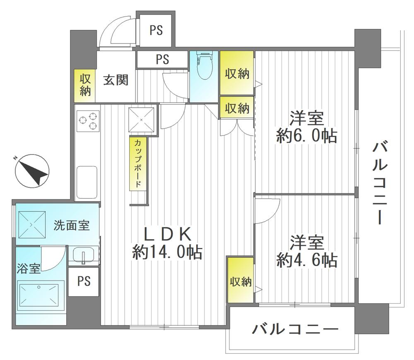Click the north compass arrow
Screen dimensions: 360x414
click(x=32, y=171)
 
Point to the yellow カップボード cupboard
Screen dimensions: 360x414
click(x=137, y=163)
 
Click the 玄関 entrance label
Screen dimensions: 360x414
click(x=116, y=79)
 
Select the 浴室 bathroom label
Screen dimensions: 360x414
click(x=29, y=269)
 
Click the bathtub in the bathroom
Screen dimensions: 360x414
click(x=41, y=294)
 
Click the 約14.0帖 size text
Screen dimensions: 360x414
click(x=167, y=252)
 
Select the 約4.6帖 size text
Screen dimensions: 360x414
click(x=306, y=260)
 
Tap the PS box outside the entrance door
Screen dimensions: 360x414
click(x=156, y=31)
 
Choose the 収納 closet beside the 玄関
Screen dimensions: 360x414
click(x=85, y=85)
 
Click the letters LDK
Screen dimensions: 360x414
click(x=167, y=234)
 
